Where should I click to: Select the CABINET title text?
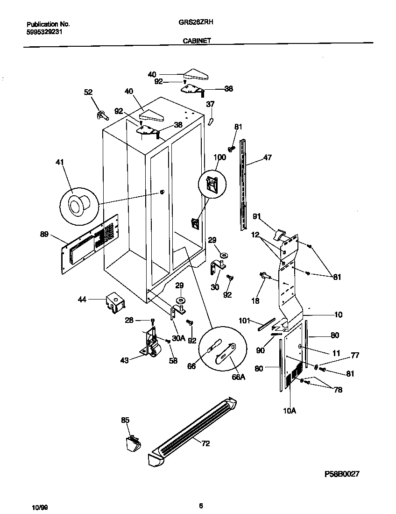click(x=196, y=41)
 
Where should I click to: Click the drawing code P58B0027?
click(x=342, y=474)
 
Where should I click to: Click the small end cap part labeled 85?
click(x=134, y=442)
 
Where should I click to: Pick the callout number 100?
click(x=219, y=157)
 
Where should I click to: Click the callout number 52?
click(x=88, y=93)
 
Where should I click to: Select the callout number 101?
click(x=245, y=321)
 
